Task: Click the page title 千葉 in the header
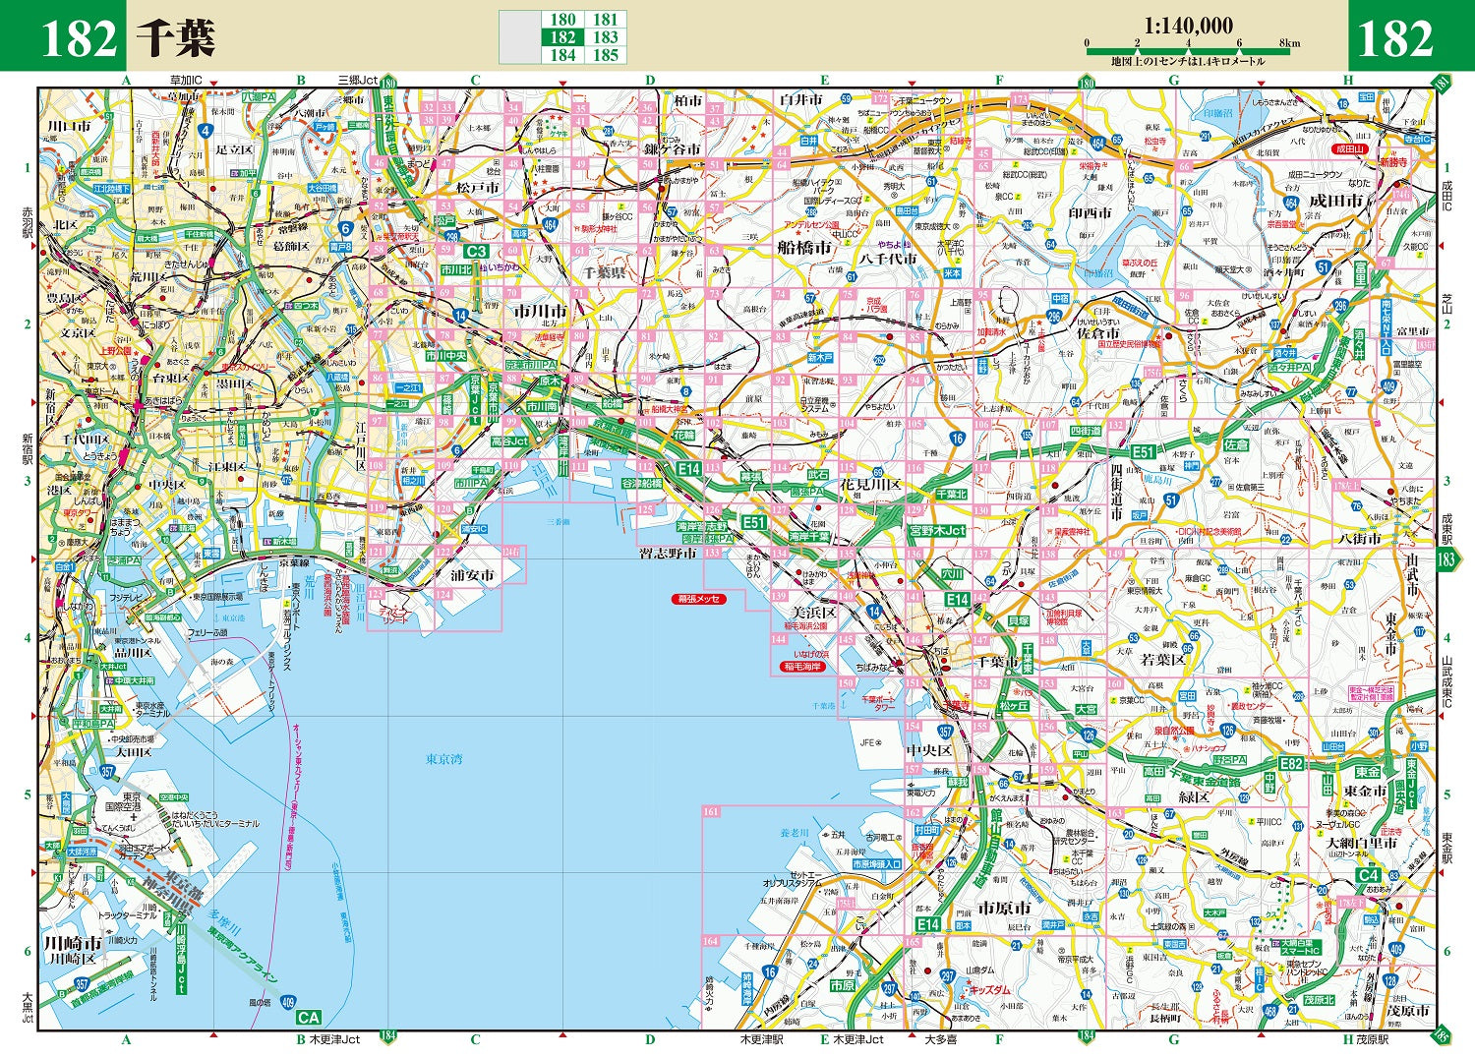[175, 38]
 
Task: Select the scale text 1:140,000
[1188, 27]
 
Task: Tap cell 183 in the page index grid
[605, 37]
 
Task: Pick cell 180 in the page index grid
[562, 20]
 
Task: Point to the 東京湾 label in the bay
[444, 759]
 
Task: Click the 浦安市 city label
[472, 575]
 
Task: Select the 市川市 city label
[540, 310]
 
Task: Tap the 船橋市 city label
[804, 248]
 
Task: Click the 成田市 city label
[1336, 201]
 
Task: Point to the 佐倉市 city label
[1097, 333]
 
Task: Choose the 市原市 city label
[1004, 908]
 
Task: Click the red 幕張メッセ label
[699, 599]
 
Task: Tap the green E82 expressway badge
[1291, 764]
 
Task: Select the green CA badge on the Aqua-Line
[309, 1018]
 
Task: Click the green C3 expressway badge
[476, 251]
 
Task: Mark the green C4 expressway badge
[1369, 875]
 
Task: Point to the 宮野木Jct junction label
[937, 531]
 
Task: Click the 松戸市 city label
[478, 187]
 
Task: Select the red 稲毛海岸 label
[802, 667]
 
